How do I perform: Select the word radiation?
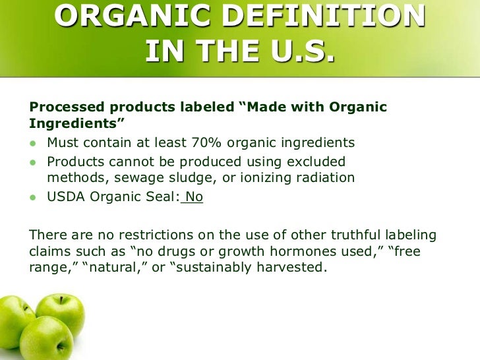(x=323, y=178)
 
